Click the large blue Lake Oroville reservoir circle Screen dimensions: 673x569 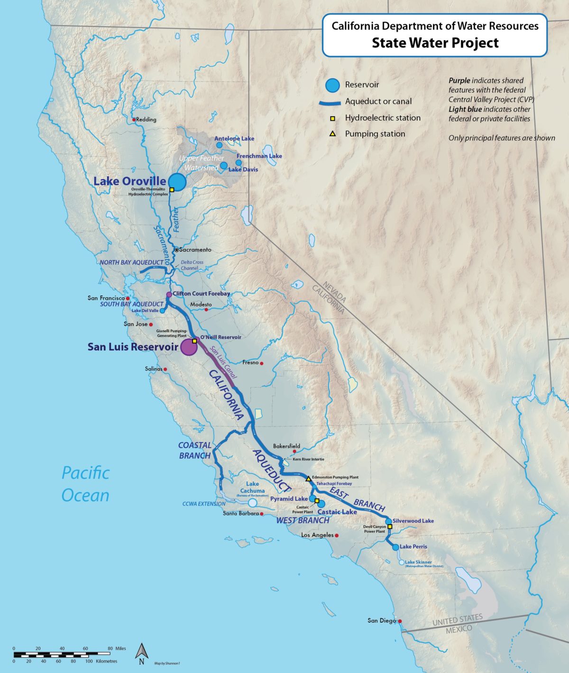(x=177, y=181)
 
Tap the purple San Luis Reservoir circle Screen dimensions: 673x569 (x=189, y=347)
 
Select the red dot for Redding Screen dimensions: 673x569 (x=134, y=120)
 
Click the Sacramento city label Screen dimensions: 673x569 (x=195, y=249)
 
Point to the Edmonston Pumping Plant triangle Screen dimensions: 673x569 (x=309, y=478)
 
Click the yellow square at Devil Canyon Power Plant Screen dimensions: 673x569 (x=390, y=526)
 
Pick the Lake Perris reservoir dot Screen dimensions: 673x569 (x=395, y=547)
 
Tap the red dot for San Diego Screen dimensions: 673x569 (x=400, y=621)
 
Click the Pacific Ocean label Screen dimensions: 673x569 (x=85, y=484)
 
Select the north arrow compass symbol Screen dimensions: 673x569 (x=141, y=652)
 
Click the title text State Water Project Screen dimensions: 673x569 (x=435, y=43)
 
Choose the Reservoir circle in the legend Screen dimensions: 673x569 (x=333, y=85)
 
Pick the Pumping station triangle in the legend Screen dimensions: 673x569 (x=333, y=134)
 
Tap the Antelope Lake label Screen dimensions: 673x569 (x=234, y=138)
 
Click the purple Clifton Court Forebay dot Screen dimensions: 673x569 (x=169, y=295)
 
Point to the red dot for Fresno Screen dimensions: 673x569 (x=261, y=364)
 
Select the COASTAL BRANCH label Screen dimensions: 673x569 (x=195, y=451)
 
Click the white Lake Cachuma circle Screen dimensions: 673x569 (x=253, y=502)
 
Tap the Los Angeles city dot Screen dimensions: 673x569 (x=337, y=535)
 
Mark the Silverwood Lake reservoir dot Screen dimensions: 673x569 (x=388, y=521)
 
